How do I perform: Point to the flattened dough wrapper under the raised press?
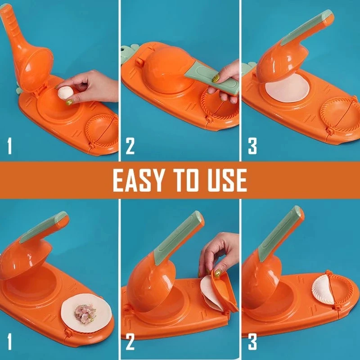click(x=287, y=90)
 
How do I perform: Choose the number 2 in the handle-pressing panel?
click(x=130, y=147)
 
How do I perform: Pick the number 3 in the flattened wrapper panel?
click(x=252, y=147)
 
